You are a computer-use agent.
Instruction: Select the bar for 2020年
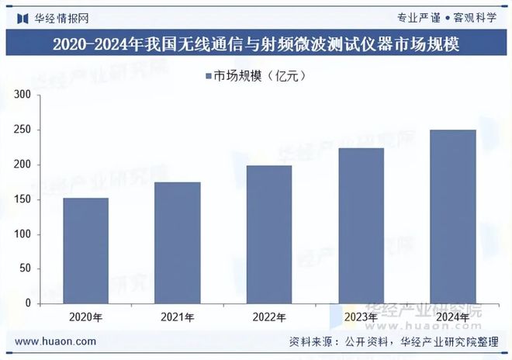tap(86, 251)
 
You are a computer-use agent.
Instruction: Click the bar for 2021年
tap(178, 243)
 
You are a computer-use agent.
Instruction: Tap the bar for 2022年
tap(269, 234)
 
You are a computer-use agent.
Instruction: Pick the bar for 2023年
tap(361, 226)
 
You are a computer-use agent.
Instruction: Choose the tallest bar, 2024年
tap(452, 216)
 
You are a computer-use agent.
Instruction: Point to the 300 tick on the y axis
tap(22, 95)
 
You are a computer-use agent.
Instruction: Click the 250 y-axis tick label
tap(22, 130)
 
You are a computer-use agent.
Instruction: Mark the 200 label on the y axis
tap(22, 164)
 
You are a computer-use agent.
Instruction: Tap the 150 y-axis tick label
tap(22, 199)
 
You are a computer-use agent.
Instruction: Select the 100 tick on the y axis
tap(22, 234)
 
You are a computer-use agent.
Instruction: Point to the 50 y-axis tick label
tap(24, 269)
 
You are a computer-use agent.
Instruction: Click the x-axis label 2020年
tap(86, 317)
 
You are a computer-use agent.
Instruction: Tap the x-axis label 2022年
tap(269, 317)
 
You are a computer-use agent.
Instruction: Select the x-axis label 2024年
tap(452, 317)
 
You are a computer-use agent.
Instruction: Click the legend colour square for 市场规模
tap(209, 75)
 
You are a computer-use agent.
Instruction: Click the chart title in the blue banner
tap(256, 45)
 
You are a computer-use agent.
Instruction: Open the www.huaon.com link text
tap(56, 341)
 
